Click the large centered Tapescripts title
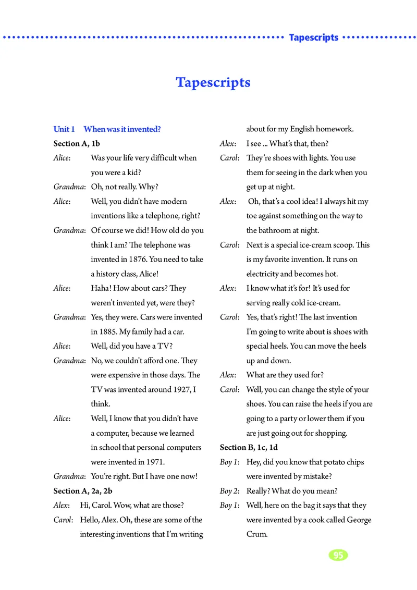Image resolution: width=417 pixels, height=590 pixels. tap(213, 82)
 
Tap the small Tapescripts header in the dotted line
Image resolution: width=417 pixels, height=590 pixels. tap(313, 38)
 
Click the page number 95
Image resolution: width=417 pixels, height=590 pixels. tap(338, 555)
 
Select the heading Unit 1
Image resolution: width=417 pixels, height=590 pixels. tap(64, 129)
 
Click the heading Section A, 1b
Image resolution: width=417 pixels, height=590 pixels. tap(77, 143)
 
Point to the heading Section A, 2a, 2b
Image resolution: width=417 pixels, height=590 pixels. tap(83, 491)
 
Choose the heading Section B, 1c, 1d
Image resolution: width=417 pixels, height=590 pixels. tap(249, 447)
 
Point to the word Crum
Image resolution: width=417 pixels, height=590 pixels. tap(256, 534)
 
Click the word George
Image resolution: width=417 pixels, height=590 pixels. tap(358, 520)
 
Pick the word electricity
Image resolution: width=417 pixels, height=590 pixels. tap(263, 274)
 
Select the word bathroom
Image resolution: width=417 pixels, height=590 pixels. tap(277, 230)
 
